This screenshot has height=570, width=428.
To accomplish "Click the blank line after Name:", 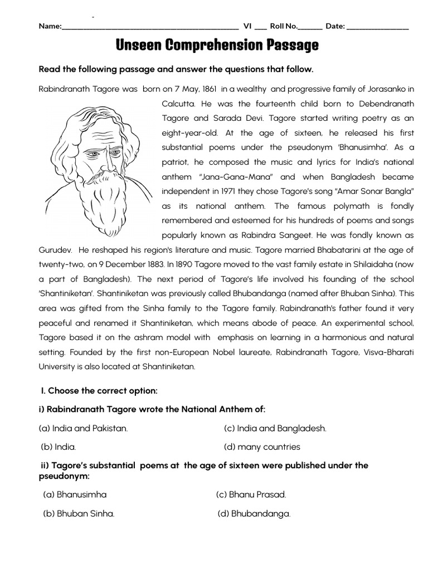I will coord(150,27).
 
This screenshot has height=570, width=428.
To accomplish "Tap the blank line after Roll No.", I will coord(310,27).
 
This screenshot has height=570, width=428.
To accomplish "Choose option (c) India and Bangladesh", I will coord(275,428).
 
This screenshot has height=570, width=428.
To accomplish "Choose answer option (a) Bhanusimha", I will coord(75,494).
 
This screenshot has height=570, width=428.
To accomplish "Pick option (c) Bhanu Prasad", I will coord(251,494).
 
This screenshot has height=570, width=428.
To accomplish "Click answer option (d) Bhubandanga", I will coord(254,514).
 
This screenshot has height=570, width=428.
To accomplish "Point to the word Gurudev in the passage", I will coord(54,249).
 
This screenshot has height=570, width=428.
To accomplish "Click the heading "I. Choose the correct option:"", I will coord(98,391).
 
